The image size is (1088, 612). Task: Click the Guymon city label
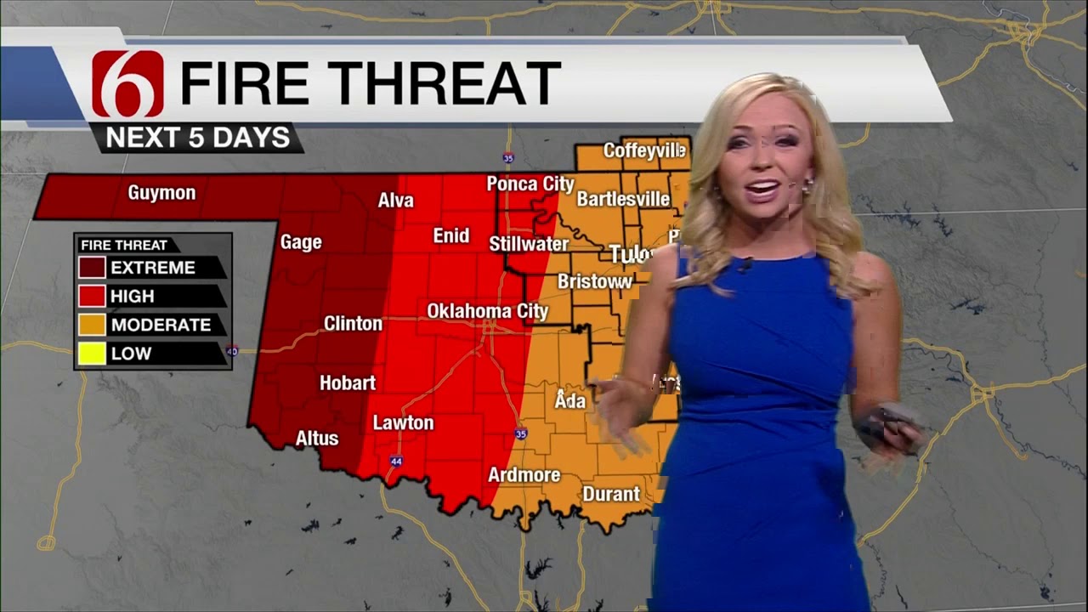pos(161,193)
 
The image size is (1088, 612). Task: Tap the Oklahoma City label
pos(487,311)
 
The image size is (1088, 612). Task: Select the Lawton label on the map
pos(403,422)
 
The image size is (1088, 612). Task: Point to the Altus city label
pos(316,439)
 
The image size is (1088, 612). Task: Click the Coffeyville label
pos(643,150)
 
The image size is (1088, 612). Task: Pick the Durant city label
pos(610,494)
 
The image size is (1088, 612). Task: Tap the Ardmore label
pos(524,475)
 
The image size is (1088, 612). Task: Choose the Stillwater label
pos(529,245)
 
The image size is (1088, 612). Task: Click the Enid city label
pos(450,235)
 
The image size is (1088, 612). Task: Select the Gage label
pos(301,242)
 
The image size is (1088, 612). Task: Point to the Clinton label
pos(353,324)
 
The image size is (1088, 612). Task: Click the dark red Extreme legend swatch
pos(93,268)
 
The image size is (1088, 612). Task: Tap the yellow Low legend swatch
pos(93,354)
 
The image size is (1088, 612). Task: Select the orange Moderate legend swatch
pos(93,325)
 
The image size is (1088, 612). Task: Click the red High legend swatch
pos(93,297)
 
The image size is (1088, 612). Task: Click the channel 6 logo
pos(127,83)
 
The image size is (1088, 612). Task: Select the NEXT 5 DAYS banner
pos(197,138)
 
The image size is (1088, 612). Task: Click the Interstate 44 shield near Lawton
pos(396,461)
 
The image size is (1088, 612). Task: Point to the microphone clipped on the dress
pos(745,265)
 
